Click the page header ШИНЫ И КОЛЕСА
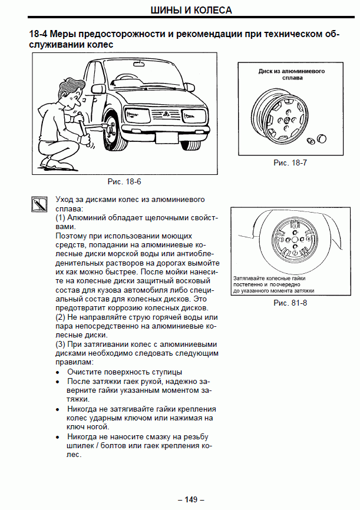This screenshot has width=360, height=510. click(180, 10)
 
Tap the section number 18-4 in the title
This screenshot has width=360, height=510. click(39, 34)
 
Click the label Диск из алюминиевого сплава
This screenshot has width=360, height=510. click(292, 74)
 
